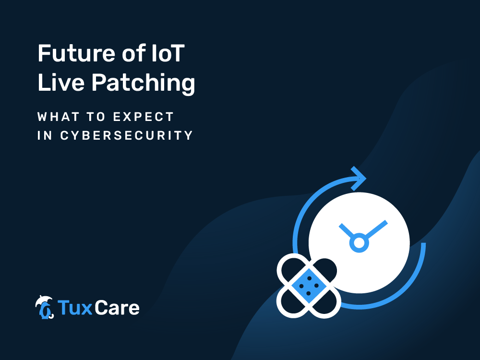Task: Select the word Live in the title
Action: tap(60, 82)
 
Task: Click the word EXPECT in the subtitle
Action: tap(144, 117)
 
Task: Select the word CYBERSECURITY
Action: tap(126, 135)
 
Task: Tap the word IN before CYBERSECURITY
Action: tap(45, 135)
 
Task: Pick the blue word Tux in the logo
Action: tap(75, 307)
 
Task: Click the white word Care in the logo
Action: tap(117, 308)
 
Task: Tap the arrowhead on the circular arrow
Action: tap(359, 179)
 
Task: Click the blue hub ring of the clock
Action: tap(359, 243)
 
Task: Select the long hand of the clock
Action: tap(376, 229)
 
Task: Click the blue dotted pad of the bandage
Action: tap(309, 286)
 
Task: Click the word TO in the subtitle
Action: tap(96, 117)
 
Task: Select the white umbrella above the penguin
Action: tap(43, 300)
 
